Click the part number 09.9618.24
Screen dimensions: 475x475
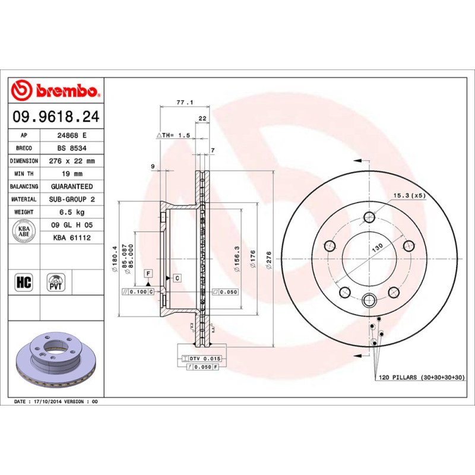pos(56,118)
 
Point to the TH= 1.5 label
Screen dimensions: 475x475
pos(173,135)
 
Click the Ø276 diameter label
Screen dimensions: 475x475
pos(269,261)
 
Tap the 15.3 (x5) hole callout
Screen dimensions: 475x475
pos(408,195)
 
